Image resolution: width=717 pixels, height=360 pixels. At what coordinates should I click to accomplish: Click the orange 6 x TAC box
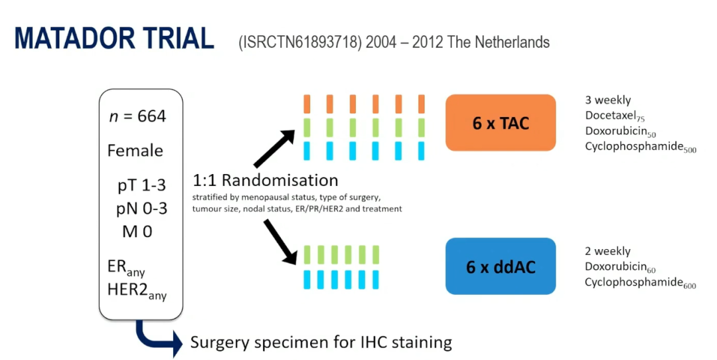tap(500, 123)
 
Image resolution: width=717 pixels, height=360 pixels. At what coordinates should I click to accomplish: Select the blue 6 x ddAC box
tap(500, 266)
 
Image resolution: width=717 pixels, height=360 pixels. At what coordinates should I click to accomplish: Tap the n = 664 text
tap(137, 117)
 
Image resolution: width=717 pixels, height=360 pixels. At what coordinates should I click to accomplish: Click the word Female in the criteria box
tap(135, 151)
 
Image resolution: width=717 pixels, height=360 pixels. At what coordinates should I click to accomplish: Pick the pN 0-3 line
tap(141, 209)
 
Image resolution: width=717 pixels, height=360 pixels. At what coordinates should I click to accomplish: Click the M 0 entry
tap(137, 232)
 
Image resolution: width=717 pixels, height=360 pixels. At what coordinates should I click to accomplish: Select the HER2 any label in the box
tap(136, 290)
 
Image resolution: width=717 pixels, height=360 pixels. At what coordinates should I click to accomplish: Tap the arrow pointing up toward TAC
tap(274, 147)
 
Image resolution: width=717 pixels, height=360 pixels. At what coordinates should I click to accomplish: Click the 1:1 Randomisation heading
tap(266, 181)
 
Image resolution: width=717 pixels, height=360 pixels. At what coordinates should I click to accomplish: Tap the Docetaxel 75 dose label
tap(615, 116)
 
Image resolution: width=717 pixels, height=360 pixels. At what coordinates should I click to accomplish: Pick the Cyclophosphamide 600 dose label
tap(640, 282)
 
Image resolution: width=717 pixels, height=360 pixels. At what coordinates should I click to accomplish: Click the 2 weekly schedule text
tap(607, 251)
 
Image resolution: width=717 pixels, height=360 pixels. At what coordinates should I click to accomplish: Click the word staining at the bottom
tap(422, 343)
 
